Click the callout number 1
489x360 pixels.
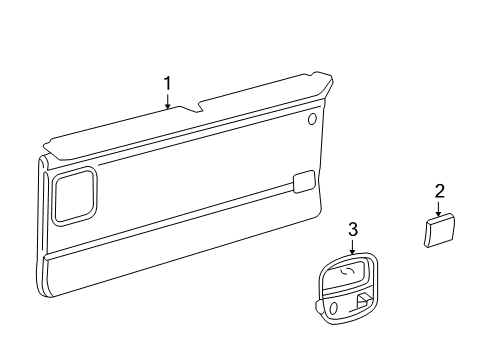(x=168, y=83)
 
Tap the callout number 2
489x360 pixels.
(x=439, y=191)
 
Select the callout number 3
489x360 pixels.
(x=352, y=231)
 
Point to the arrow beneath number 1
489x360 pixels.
(x=168, y=99)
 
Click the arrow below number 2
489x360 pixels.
(x=439, y=207)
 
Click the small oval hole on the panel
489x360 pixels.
(x=313, y=120)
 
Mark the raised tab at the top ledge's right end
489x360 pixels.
(x=322, y=77)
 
